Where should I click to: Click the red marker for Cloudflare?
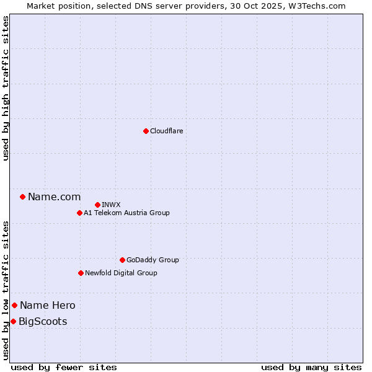click(146, 131)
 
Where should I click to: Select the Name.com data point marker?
click(23, 197)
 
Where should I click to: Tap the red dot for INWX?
click(97, 205)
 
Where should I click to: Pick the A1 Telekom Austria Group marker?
click(79, 213)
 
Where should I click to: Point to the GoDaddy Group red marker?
click(122, 260)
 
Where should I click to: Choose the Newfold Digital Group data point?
click(81, 273)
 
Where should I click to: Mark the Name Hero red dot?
click(14, 305)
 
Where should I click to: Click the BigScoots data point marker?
click(13, 321)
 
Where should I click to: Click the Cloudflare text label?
click(166, 131)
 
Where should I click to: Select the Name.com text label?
click(54, 197)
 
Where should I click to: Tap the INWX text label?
click(111, 205)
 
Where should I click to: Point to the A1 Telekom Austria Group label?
click(126, 213)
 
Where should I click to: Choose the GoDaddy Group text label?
click(153, 260)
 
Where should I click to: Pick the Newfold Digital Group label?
click(121, 273)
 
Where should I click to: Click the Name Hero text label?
click(47, 305)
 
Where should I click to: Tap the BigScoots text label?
click(43, 321)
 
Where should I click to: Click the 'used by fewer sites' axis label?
click(64, 367)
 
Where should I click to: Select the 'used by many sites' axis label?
click(311, 367)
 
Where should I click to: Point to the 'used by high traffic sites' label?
click(6, 88)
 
